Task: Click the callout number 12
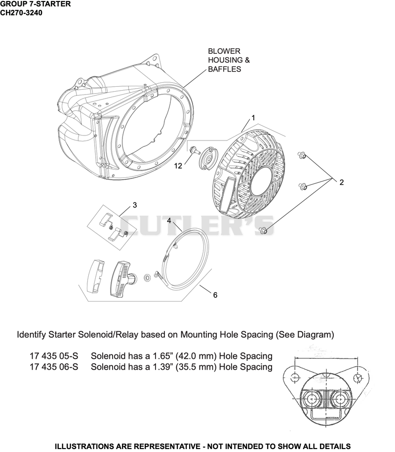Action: (178, 166)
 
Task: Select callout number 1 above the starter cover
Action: (253, 118)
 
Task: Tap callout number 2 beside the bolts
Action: (342, 182)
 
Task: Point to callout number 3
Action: (135, 205)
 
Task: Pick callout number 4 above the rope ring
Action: (169, 221)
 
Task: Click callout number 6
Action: (215, 295)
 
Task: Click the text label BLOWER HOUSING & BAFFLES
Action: (229, 60)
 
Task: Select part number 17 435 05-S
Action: (54, 356)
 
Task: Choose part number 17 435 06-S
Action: (54, 367)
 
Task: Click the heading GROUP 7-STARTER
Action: (35, 4)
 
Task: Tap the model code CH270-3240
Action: (21, 13)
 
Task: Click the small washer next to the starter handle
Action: (147, 278)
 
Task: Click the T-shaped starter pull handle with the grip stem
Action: (123, 279)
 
